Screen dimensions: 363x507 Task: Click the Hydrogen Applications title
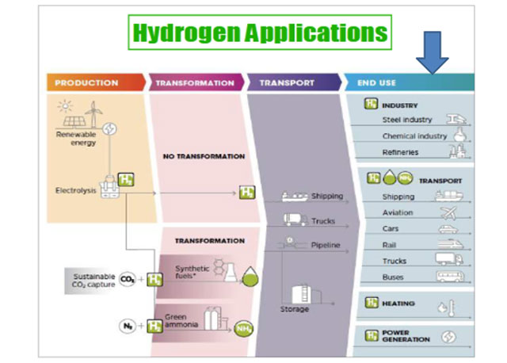click(x=260, y=32)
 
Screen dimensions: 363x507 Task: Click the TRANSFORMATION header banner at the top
click(x=194, y=82)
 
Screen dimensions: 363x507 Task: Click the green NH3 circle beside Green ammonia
click(x=244, y=326)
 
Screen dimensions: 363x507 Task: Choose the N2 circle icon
click(x=127, y=325)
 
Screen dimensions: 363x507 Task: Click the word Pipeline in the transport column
click(x=326, y=245)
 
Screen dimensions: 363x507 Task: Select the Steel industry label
click(x=407, y=120)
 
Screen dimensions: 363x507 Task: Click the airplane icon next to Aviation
click(x=450, y=212)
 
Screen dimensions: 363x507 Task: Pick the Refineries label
click(x=400, y=153)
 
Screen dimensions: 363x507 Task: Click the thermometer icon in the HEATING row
click(x=450, y=304)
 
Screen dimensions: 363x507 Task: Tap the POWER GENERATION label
click(x=405, y=335)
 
